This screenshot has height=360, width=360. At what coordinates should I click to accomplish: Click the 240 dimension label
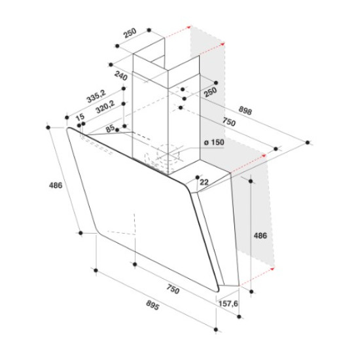[x=121, y=76]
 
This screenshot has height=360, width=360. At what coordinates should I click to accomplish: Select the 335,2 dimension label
[x=96, y=96]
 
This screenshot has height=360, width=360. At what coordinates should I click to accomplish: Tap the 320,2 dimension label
[x=105, y=107]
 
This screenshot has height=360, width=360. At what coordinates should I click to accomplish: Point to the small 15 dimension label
[x=80, y=117]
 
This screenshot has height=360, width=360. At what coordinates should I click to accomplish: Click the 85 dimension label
[x=111, y=128]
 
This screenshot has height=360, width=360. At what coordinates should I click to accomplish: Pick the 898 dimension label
[x=245, y=110]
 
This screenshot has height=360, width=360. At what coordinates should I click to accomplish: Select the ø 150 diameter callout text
[x=214, y=142]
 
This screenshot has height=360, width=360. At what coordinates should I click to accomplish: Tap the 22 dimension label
[x=204, y=182]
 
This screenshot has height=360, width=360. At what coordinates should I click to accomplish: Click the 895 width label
[x=153, y=305]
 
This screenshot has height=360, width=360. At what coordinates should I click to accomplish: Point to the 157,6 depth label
[x=228, y=304]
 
